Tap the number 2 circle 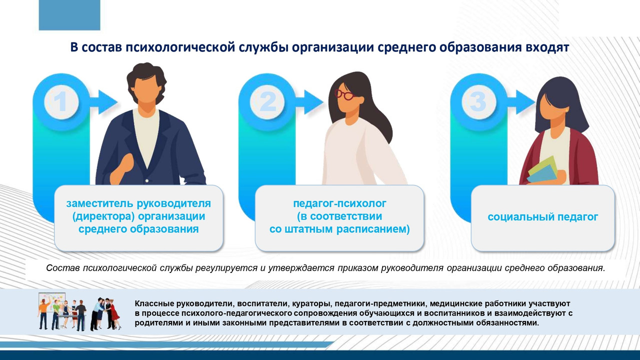tap(268, 102)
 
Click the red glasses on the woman tap(343, 93)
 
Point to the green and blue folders tap(543, 170)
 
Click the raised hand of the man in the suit tap(121, 167)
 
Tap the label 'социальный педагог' tap(543, 217)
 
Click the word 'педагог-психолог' tap(340, 203)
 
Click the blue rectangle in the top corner tap(69, 15)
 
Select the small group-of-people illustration tap(79, 312)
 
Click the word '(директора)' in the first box tap(101, 216)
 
